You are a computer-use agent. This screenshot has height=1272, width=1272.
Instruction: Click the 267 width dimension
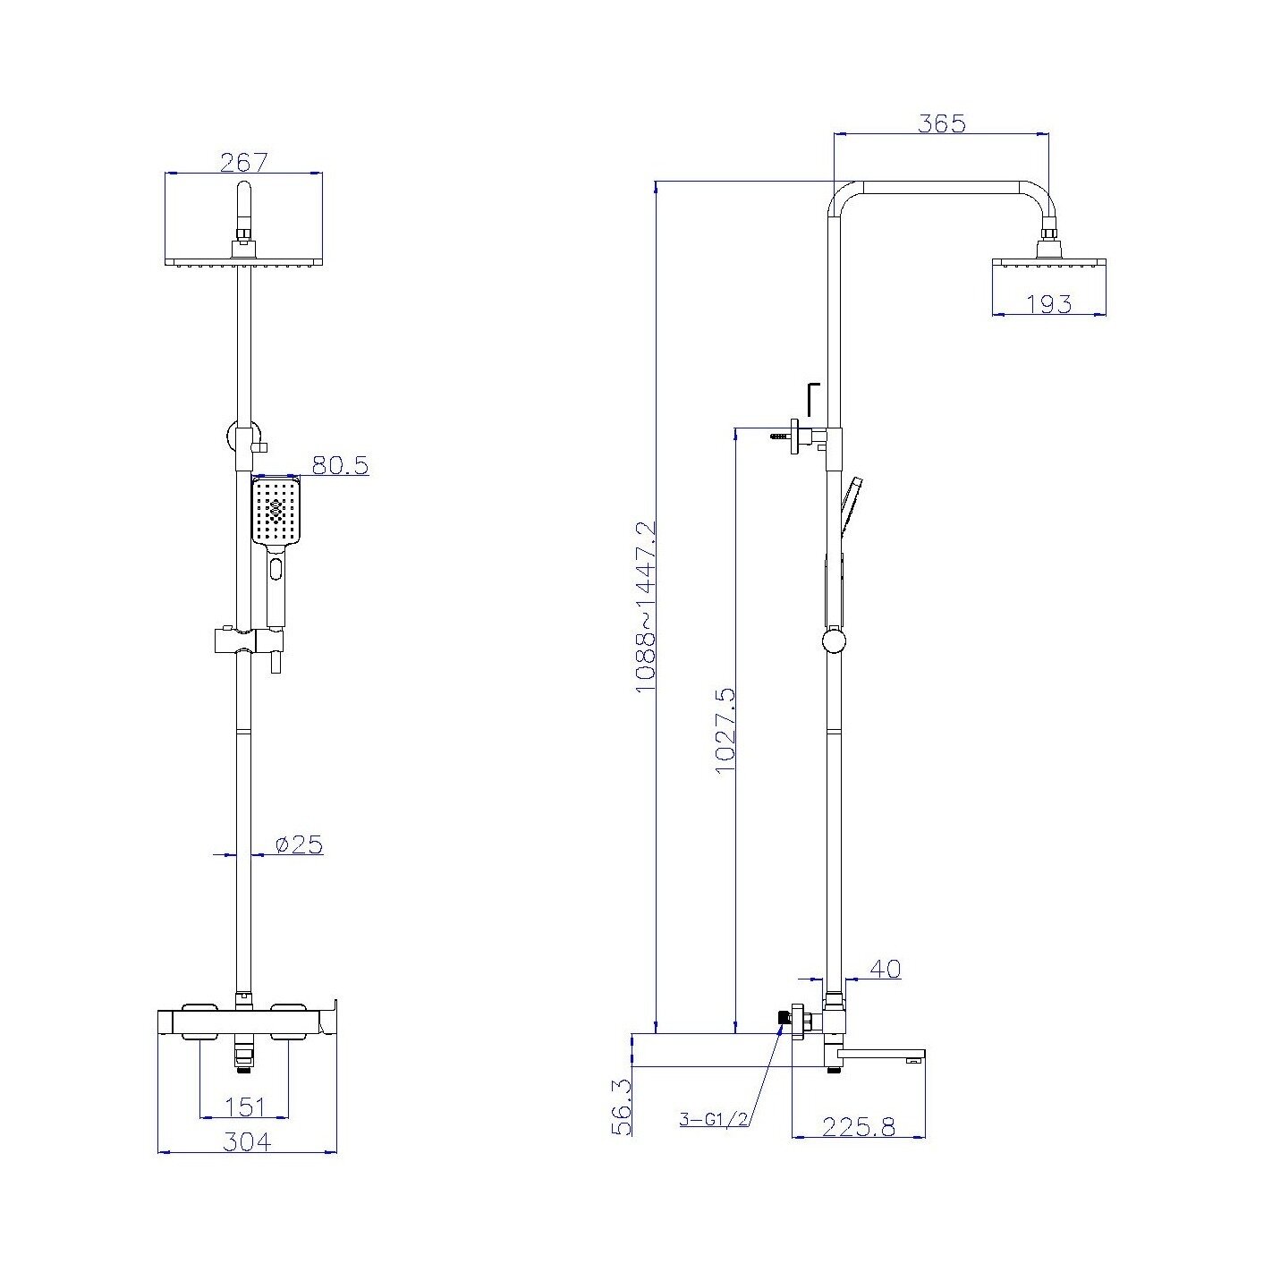(243, 163)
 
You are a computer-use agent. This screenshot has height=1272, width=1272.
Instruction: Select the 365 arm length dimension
(941, 123)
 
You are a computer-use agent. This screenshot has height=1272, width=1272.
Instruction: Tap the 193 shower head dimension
(1049, 303)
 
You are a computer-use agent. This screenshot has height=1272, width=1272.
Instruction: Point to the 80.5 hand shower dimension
(340, 465)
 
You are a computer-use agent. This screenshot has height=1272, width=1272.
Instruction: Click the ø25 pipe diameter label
(299, 844)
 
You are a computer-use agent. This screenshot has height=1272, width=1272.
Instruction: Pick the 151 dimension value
(244, 1107)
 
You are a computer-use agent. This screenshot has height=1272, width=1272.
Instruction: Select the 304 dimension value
(246, 1142)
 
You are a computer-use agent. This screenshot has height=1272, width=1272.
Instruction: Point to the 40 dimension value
(886, 969)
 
